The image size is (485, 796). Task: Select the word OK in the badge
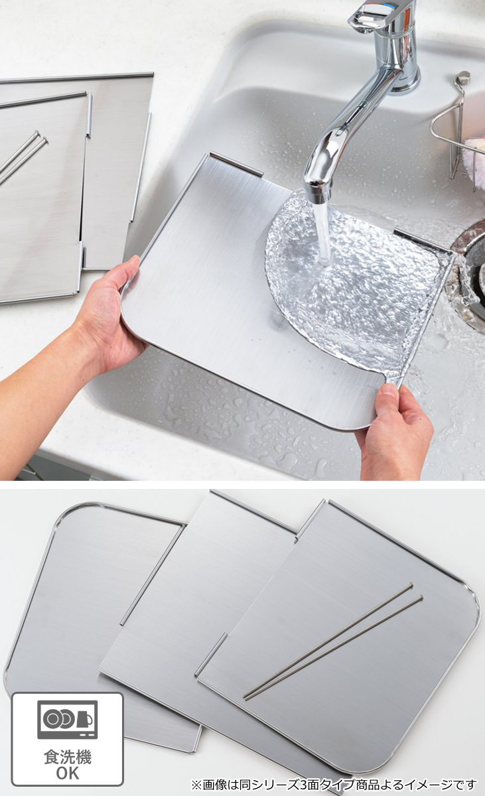68,773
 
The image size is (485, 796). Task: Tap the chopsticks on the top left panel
22,156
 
